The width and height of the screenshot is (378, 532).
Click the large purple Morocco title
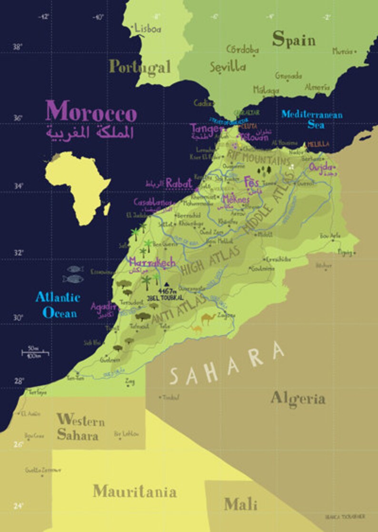pyautogui.click(x=91, y=111)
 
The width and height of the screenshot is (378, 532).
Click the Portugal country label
pyautogui.click(x=139, y=66)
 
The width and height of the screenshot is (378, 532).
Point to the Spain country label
pyautogui.click(x=294, y=40)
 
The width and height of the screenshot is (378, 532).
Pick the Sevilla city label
pyautogui.click(x=228, y=67)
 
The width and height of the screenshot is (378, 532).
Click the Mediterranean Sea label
pyautogui.click(x=311, y=120)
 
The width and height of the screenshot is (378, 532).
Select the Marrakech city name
pyautogui.click(x=152, y=262)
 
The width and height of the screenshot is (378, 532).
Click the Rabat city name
pyautogui.click(x=179, y=183)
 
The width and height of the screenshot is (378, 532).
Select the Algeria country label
pyautogui.click(x=298, y=399)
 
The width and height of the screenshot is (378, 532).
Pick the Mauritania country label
pyautogui.click(x=134, y=491)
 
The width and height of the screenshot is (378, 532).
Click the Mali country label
pyautogui.click(x=240, y=504)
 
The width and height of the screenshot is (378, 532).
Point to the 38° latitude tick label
pyautogui.click(x=18, y=47)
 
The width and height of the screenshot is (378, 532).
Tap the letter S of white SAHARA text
pyautogui.click(x=175, y=377)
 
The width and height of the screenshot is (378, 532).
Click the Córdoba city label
pyautogui.click(x=242, y=49)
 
